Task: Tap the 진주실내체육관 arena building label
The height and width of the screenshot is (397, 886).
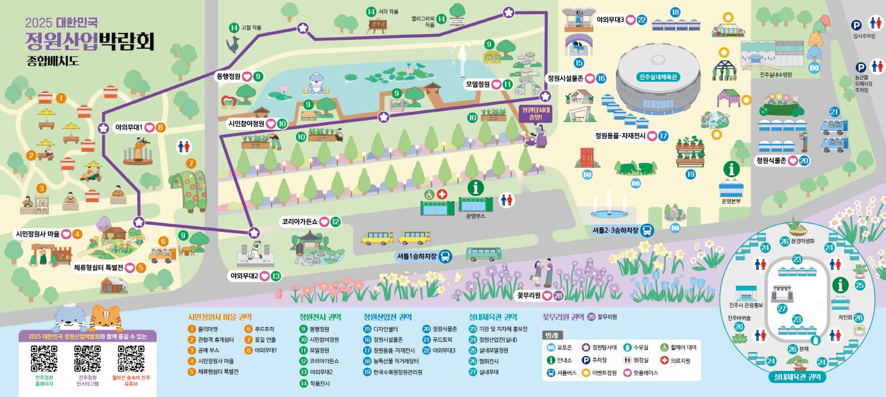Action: coord(658,76)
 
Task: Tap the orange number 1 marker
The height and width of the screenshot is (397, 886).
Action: coord(61,98)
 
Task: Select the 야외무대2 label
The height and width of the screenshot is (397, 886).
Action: coord(245,276)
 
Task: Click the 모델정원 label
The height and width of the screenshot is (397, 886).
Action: coord(478,84)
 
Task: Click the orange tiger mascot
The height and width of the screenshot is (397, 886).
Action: coord(106,318)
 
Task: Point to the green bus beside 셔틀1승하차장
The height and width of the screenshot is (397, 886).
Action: coord(483,254)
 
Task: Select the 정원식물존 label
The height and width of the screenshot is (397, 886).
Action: coord(772,160)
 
